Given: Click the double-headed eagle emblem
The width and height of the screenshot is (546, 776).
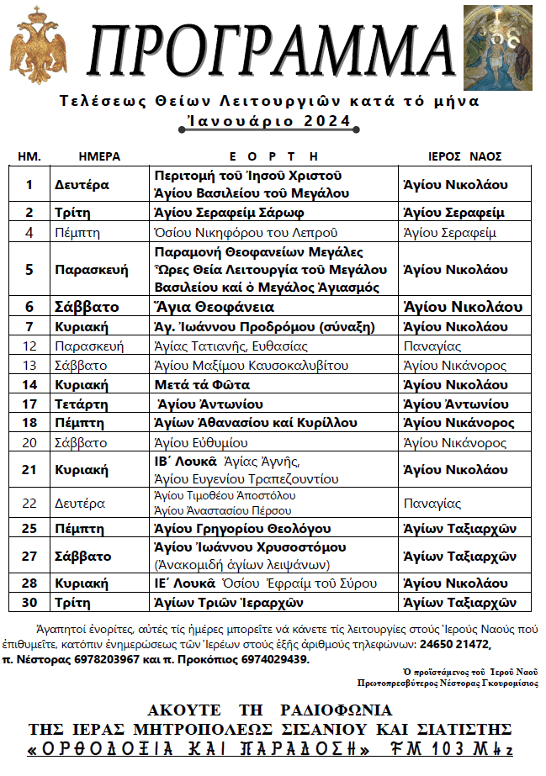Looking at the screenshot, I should (38, 46).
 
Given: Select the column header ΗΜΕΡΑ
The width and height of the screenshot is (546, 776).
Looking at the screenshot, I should (99, 156).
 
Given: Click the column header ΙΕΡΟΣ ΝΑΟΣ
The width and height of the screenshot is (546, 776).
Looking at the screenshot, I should (464, 156).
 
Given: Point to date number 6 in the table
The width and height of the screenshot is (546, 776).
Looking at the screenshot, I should (29, 307).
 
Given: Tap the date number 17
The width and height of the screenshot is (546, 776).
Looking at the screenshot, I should (29, 404).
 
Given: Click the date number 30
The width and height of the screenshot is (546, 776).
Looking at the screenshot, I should (29, 602).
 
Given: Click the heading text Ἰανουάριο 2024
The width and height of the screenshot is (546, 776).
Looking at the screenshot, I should (269, 121).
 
